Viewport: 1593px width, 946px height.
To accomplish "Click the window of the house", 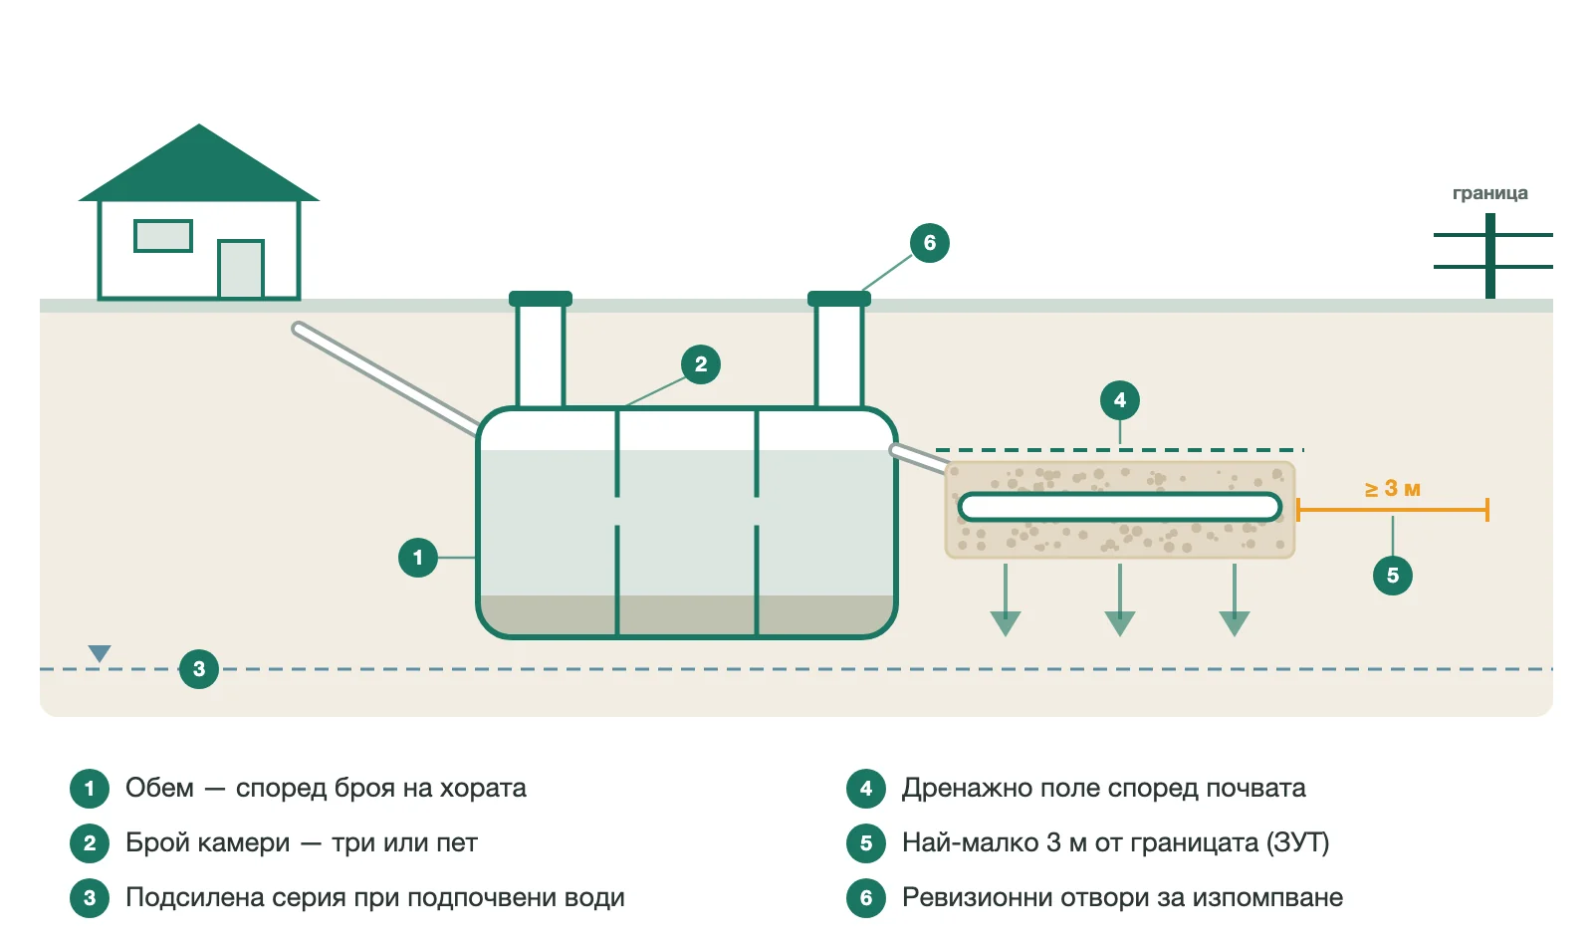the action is pos(163,236).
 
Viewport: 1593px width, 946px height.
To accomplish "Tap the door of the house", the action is pos(241,269).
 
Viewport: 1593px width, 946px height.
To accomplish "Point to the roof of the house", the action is pos(199,163).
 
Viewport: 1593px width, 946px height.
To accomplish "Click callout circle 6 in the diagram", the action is pos(930,243).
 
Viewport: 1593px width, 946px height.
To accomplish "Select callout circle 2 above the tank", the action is pos(701,364).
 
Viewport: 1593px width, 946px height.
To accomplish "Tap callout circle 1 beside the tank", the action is pos(418,558).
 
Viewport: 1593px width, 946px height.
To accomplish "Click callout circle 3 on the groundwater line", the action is pos(199,668).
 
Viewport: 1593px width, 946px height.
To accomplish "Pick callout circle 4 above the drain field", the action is pos(1120,400).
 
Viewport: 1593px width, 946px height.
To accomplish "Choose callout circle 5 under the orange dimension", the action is pos(1393,576).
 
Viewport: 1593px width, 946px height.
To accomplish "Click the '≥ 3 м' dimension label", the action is pos(1393,489).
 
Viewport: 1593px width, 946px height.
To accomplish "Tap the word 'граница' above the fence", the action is pos(1489,193).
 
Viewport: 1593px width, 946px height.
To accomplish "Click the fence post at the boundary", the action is pos(1489,256).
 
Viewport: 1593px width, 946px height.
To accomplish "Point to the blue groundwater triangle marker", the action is pos(100,652).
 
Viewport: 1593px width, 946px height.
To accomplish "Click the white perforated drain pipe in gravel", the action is pos(1120,507).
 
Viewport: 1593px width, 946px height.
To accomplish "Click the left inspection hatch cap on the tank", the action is pos(541,299).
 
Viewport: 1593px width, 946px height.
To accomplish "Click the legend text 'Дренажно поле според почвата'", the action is pos(1104,788).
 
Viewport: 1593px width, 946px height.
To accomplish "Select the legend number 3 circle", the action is pos(90,897).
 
